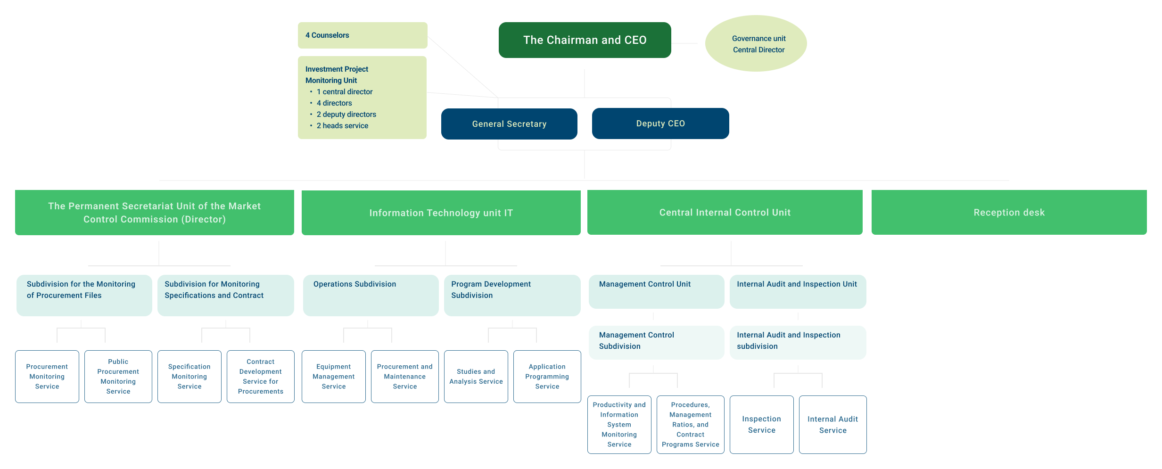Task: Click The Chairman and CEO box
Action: [585, 40]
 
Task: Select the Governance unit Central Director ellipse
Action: [756, 44]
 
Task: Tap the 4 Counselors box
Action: [362, 35]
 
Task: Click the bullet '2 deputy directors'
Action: [346, 115]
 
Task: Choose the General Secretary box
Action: [509, 124]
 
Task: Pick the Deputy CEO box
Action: [660, 123]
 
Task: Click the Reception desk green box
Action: [1009, 213]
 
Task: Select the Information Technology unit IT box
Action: [441, 213]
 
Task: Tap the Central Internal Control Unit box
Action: [725, 213]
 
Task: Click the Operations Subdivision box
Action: [371, 295]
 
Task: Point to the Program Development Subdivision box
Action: [512, 295]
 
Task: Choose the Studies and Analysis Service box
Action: [476, 377]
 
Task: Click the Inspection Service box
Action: [761, 425]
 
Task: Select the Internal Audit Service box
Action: [832, 425]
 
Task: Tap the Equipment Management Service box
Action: [333, 377]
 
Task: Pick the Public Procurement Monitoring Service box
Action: [118, 377]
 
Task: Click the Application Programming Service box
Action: [547, 377]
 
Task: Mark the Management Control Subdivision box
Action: [656, 342]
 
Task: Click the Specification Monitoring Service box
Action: [189, 377]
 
